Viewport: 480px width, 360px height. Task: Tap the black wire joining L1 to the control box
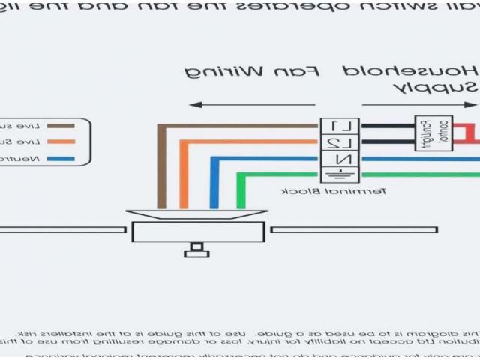point(388,124)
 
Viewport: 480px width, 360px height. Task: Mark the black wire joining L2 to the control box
point(388,141)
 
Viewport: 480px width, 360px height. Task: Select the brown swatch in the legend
point(61,126)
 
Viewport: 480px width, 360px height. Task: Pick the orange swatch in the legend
point(61,142)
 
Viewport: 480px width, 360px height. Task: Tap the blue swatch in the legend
point(61,158)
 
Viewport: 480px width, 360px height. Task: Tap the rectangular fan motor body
point(198,232)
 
